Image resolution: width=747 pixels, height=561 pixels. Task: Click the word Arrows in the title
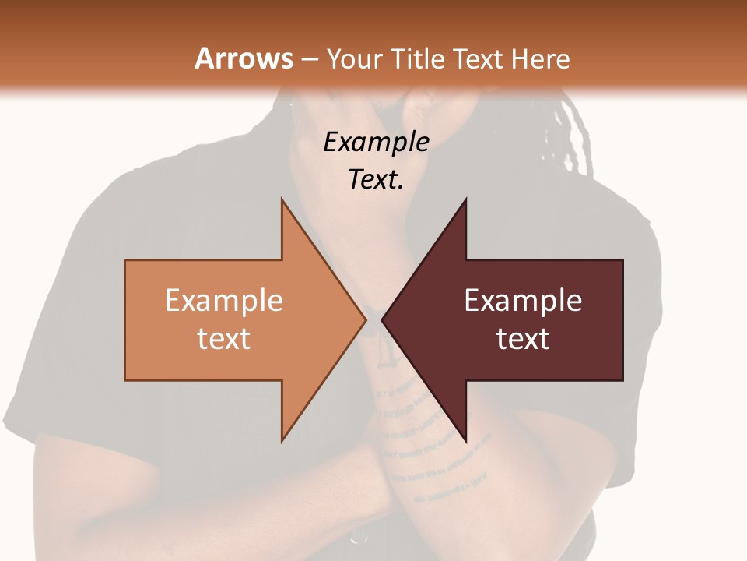click(x=244, y=58)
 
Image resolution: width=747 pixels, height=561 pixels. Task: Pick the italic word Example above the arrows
click(x=377, y=143)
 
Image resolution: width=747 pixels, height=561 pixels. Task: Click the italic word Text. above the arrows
click(x=377, y=180)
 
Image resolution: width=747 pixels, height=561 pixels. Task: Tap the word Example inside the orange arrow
click(x=224, y=300)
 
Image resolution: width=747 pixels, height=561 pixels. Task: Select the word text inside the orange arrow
click(x=224, y=339)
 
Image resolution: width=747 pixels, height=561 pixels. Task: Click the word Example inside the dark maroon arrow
click(x=523, y=300)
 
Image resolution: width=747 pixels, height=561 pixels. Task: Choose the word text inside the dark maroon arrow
click(x=523, y=339)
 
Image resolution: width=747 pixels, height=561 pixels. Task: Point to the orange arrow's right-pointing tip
click(x=364, y=319)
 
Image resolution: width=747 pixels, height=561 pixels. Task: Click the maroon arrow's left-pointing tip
click(x=384, y=319)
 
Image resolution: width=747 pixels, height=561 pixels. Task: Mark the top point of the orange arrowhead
click(x=282, y=201)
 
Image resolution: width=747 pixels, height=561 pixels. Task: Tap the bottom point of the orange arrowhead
click(x=282, y=440)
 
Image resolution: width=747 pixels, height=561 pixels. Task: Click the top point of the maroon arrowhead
click(x=465, y=201)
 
